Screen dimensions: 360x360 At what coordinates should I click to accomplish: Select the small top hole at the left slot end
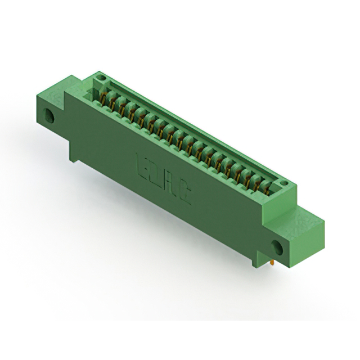point(101,75)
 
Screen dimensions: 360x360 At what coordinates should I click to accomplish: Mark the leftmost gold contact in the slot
point(103,97)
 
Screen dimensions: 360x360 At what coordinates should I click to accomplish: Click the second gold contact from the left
point(112,101)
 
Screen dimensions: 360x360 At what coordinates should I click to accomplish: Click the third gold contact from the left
point(121,106)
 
